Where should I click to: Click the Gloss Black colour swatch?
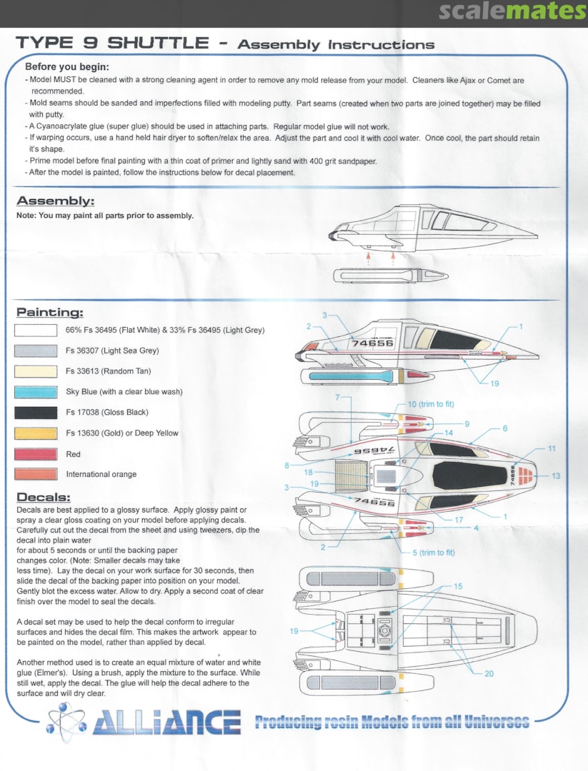(x=36, y=413)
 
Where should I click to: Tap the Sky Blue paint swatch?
(x=36, y=392)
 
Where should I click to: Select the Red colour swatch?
(x=36, y=454)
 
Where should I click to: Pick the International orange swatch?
(x=36, y=474)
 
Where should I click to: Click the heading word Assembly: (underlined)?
(x=55, y=201)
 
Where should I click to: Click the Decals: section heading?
(x=43, y=497)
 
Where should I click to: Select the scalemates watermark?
(x=510, y=12)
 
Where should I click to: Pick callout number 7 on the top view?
(x=337, y=395)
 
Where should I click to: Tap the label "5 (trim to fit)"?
(x=444, y=553)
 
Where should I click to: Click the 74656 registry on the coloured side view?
(x=371, y=343)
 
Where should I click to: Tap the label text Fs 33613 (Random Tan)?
(x=109, y=371)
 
